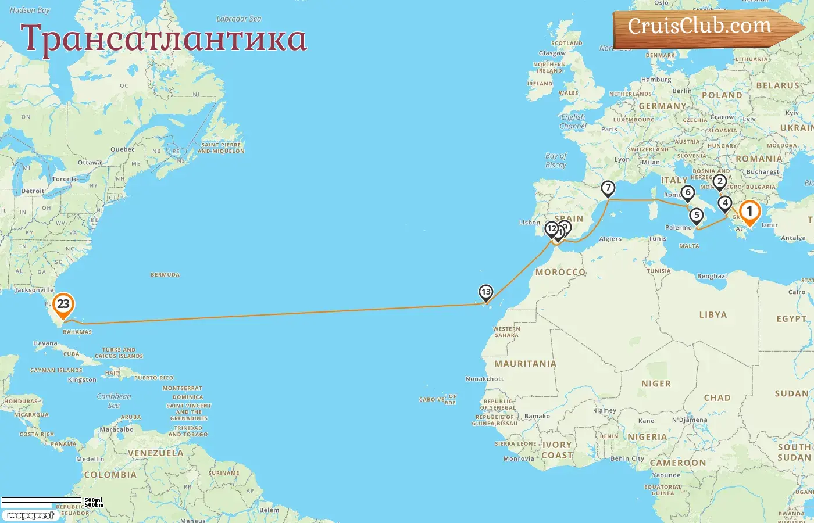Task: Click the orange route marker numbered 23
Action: point(63,304)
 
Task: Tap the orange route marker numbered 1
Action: point(749,212)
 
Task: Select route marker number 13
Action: point(485,292)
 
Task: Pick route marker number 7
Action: point(608,188)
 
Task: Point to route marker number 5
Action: point(696,215)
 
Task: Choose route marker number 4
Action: point(724,203)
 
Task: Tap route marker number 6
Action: point(688,192)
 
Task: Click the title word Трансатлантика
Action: point(163,39)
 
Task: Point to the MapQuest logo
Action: point(30,515)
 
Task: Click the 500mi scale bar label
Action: point(93,500)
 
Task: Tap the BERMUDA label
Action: point(165,275)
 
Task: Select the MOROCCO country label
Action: point(560,272)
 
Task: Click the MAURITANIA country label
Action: point(525,364)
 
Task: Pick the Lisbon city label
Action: point(530,223)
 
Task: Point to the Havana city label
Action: point(45,343)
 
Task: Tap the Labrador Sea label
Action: point(238,19)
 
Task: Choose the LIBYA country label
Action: point(713,314)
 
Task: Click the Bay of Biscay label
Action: point(556,160)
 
